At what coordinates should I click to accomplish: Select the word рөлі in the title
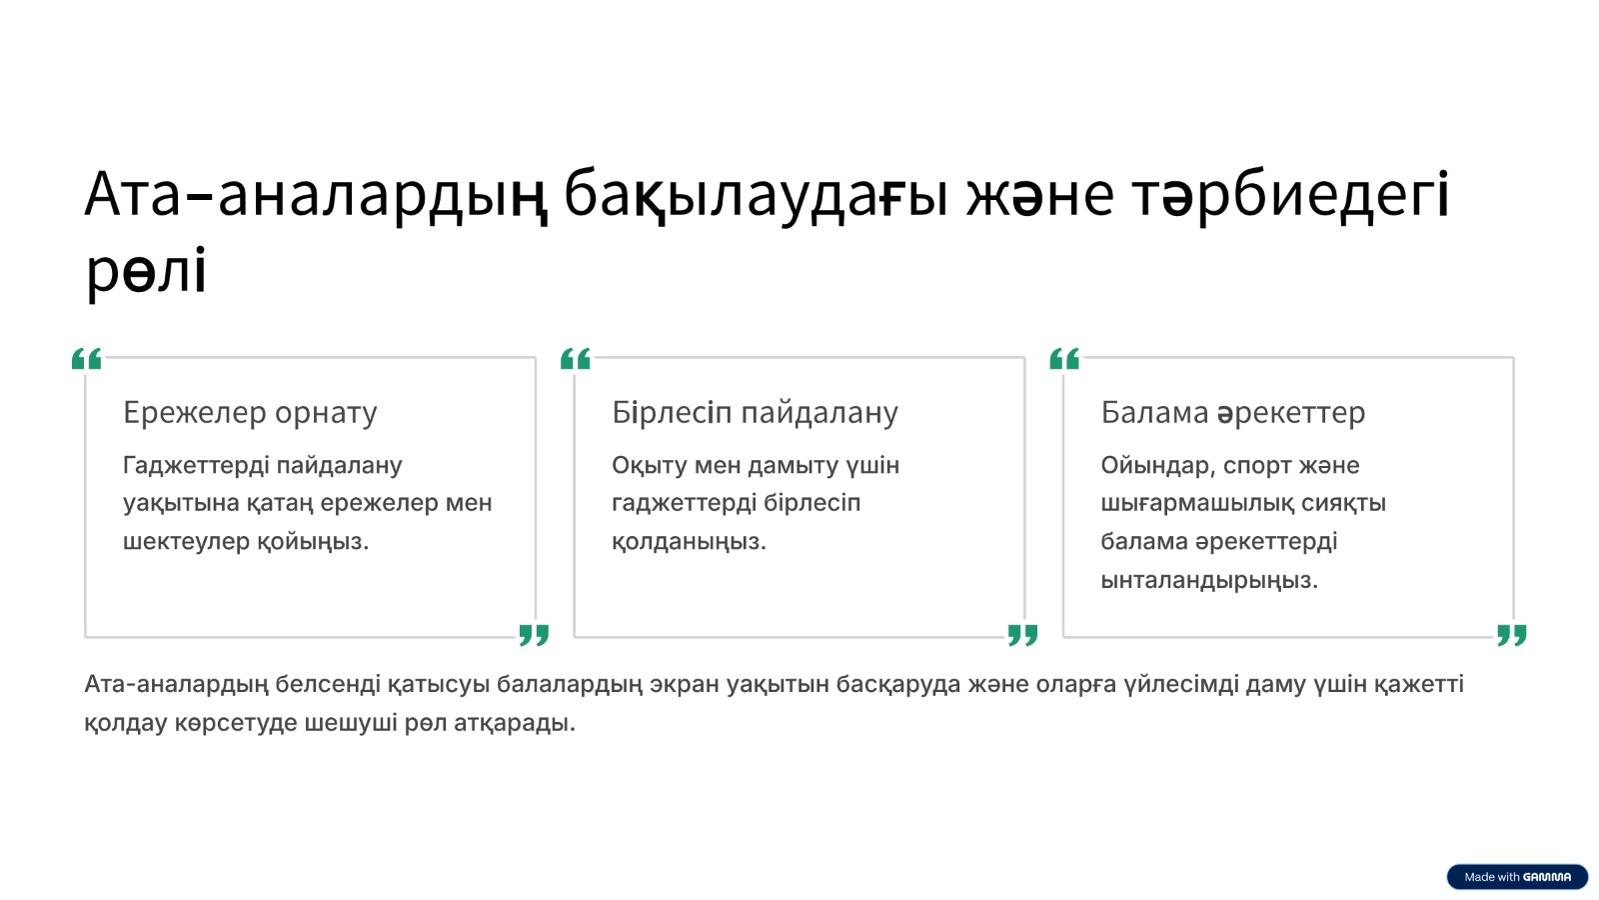tap(146, 271)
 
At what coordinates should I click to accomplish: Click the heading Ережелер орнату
tap(250, 413)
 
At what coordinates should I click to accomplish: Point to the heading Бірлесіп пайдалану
tap(755, 413)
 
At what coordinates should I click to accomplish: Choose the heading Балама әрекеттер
tap(1233, 413)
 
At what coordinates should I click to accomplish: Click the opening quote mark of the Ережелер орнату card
tap(87, 359)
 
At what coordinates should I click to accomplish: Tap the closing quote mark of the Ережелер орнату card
tap(534, 634)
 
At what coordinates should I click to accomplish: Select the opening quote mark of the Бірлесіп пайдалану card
tap(576, 359)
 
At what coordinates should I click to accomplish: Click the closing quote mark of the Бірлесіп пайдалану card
tap(1023, 634)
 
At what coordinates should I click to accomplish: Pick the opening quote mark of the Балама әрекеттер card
tap(1065, 359)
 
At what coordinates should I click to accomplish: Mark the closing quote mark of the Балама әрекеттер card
tap(1512, 634)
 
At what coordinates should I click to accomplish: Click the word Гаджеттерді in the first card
tap(196, 466)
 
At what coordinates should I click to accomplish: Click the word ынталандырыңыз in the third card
tap(1209, 580)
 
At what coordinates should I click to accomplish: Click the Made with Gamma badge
tap(1518, 876)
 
